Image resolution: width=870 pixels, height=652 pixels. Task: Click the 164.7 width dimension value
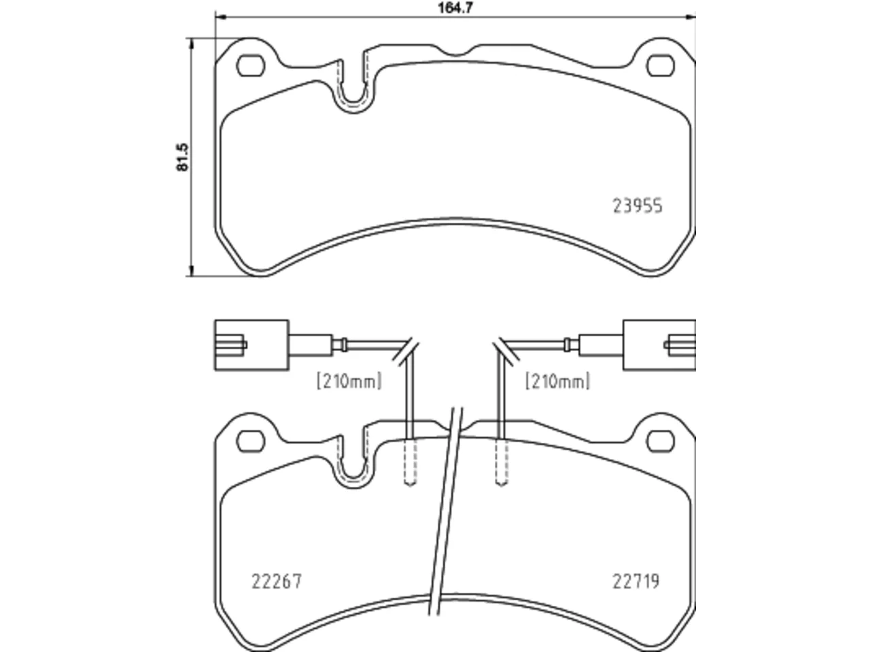(x=455, y=7)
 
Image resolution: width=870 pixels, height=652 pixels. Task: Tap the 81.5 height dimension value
(x=183, y=157)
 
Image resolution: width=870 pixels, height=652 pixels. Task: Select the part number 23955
(x=638, y=206)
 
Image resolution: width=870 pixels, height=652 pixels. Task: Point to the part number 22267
(x=277, y=581)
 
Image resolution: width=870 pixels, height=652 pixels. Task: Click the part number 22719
(x=636, y=581)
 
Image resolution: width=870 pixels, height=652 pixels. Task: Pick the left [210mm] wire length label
(x=349, y=381)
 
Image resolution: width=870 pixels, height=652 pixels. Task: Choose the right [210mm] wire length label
(x=557, y=381)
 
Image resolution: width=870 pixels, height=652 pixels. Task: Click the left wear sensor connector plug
(x=251, y=345)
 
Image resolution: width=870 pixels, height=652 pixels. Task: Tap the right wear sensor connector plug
(x=659, y=345)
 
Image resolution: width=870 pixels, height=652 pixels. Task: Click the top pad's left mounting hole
(x=251, y=65)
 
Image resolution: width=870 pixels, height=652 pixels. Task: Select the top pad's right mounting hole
(x=661, y=65)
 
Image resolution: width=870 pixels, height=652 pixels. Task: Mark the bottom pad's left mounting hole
(x=251, y=441)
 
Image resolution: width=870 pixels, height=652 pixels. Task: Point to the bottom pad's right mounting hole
(x=661, y=441)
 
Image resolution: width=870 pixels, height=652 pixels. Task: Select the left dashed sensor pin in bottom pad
(x=411, y=462)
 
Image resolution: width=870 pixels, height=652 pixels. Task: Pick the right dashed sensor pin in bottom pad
(x=502, y=462)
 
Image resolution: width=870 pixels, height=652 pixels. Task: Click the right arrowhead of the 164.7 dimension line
(x=691, y=17)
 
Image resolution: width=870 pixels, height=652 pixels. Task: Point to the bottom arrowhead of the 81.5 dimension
(x=192, y=270)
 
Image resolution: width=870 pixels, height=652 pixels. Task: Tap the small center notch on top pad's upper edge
(x=456, y=53)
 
